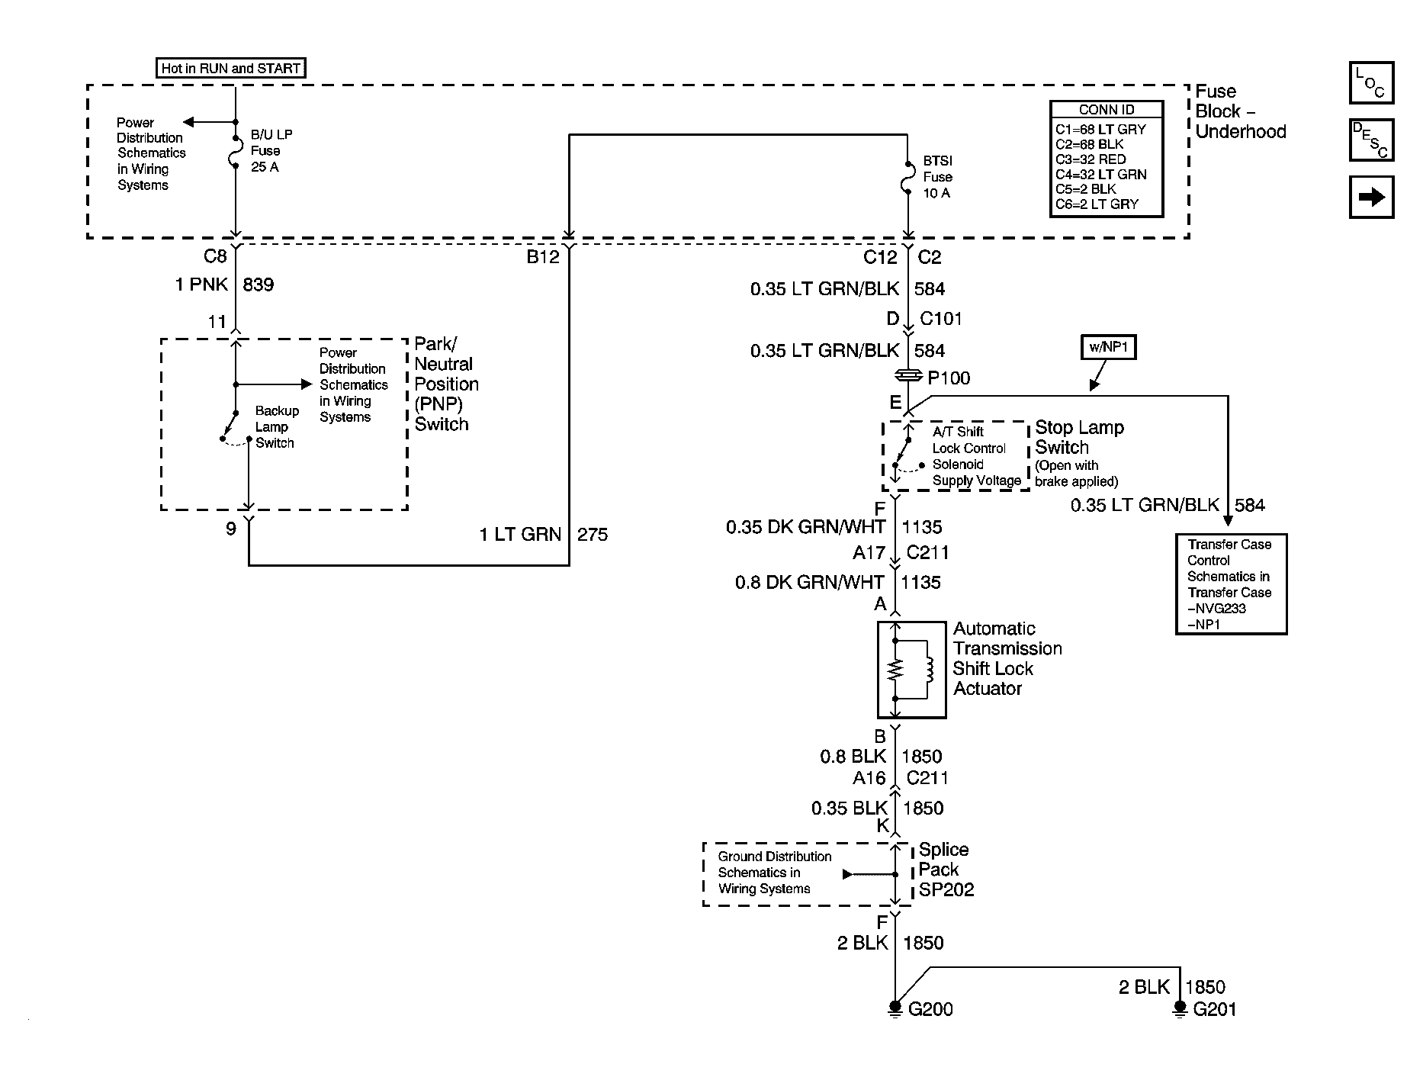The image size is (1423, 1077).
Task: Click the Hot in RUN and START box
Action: [231, 69]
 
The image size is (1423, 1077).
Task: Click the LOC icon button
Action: [1370, 82]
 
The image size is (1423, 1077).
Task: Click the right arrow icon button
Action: [1370, 198]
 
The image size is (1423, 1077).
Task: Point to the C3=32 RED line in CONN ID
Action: [1091, 159]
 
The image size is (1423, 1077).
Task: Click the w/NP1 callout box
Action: [1108, 349]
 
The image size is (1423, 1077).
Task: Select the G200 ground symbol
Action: [895, 1008]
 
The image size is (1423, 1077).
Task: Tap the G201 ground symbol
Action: [1180, 1008]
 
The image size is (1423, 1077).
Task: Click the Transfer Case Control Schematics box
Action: [1230, 584]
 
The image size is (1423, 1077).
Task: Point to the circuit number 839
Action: [258, 285]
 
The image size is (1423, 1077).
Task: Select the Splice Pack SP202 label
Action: [946, 870]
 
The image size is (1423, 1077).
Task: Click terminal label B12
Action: [543, 257]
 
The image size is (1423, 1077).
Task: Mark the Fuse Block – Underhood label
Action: [1239, 111]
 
